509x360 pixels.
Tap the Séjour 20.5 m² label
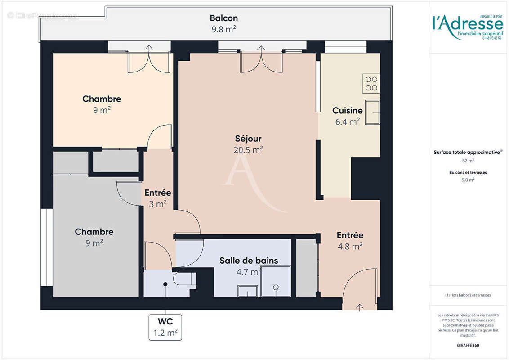point(248,144)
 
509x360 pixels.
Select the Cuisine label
point(347,111)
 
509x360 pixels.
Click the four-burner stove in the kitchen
point(371,83)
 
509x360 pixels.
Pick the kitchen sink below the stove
point(372,112)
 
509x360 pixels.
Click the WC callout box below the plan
point(165,327)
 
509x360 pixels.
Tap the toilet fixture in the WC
point(185,279)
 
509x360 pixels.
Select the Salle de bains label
point(249,261)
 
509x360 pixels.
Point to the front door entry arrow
point(360,307)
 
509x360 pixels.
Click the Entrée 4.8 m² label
point(350,240)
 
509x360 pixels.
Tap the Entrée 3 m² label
point(158,198)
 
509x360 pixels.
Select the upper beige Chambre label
point(102,104)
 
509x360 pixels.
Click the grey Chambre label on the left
point(94,237)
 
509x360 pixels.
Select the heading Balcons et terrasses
point(468,172)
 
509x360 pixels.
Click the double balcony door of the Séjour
point(261,62)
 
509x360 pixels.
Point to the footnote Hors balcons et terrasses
point(468,295)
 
